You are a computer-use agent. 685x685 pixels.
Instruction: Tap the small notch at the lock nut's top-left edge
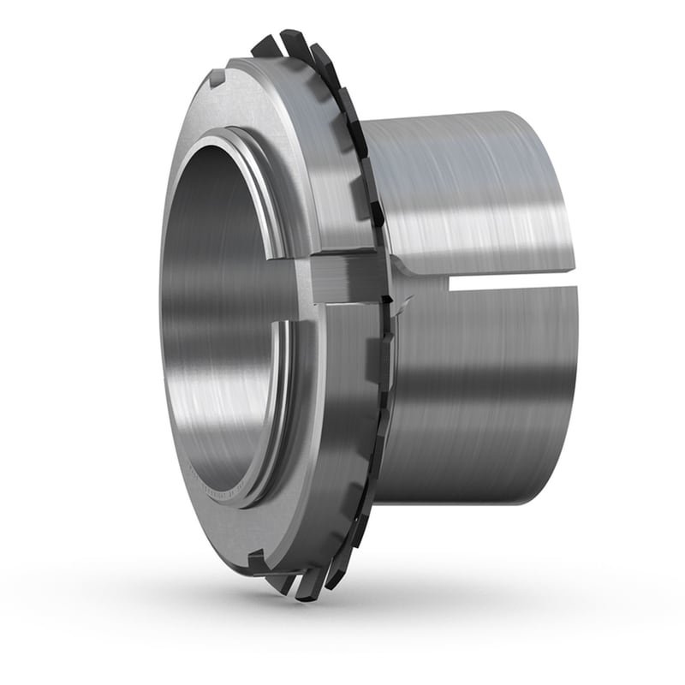(x=217, y=78)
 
